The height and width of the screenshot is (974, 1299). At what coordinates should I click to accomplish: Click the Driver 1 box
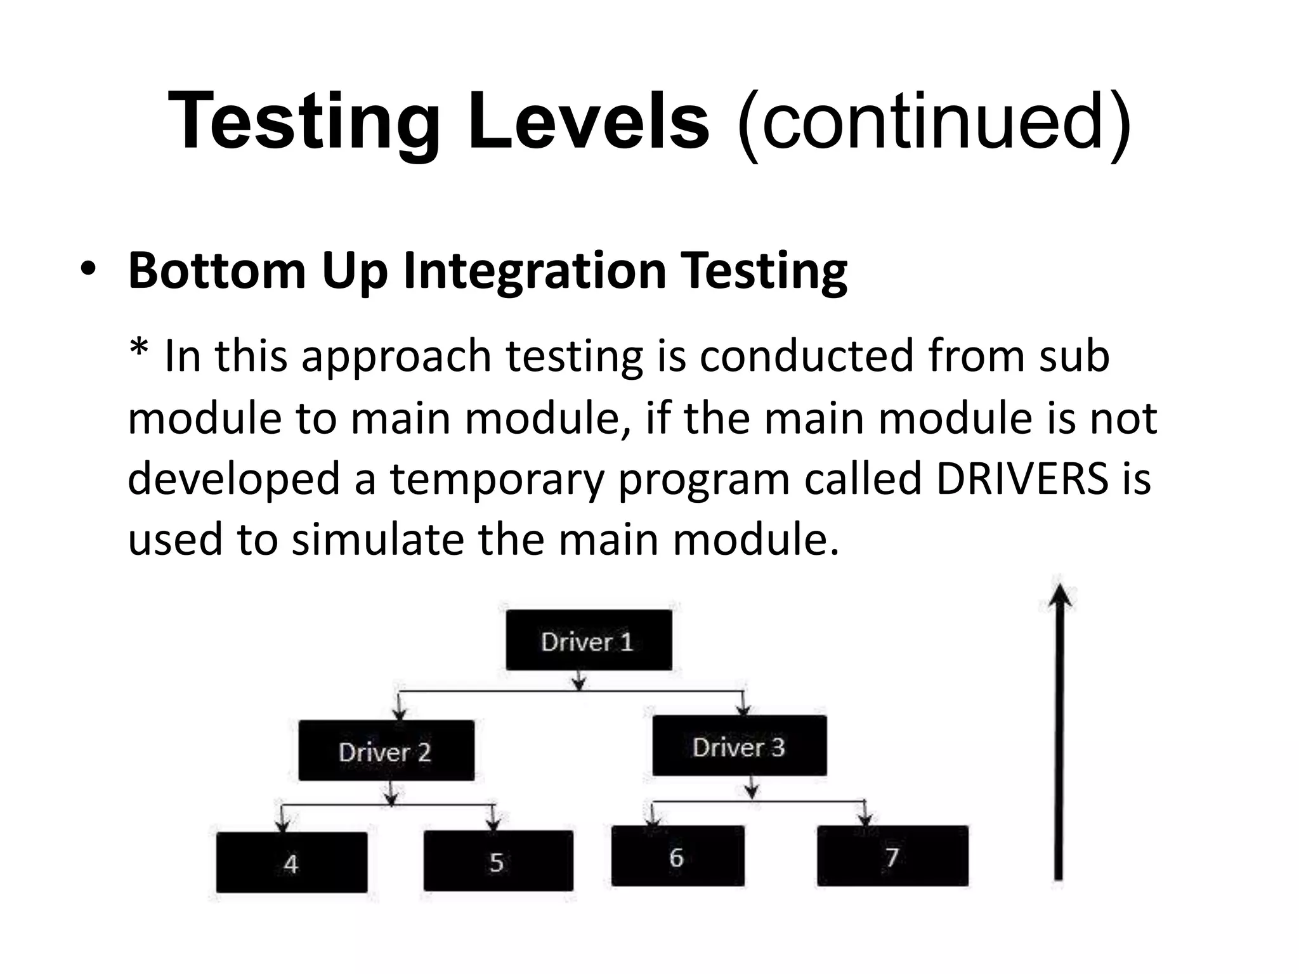coord(589,640)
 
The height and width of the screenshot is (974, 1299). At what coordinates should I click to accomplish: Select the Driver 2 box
coord(386,751)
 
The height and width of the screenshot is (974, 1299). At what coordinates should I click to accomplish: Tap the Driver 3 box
coord(739,746)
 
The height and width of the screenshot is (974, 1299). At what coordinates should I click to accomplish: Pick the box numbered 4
coord(291,862)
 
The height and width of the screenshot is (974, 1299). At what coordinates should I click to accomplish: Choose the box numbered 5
coord(498,861)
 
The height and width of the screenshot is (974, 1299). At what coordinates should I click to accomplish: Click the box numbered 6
coord(677,856)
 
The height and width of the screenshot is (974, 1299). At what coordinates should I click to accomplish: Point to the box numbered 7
coord(892,856)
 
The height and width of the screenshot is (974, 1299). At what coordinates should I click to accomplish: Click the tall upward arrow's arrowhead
coord(1059,596)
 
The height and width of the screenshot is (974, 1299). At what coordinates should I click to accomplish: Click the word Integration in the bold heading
coord(534,271)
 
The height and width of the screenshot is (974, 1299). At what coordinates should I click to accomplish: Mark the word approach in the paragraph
coord(396,356)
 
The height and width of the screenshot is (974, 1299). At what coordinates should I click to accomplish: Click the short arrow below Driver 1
coord(578,680)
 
